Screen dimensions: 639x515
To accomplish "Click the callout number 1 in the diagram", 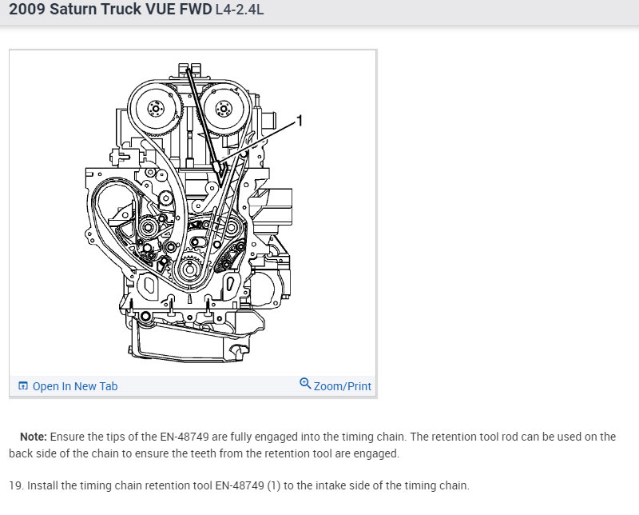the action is (x=300, y=121).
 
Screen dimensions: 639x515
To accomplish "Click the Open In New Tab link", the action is (x=75, y=386).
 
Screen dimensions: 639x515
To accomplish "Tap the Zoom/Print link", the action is (x=343, y=386).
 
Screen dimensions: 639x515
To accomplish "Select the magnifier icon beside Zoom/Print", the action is (x=305, y=384).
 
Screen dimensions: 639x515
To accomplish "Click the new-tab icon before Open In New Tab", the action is (x=23, y=385).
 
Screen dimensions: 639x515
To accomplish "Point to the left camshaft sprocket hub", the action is (x=155, y=109).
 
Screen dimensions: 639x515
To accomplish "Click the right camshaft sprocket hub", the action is (x=224, y=109).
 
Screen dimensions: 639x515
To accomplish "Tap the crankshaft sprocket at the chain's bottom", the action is (x=189, y=269).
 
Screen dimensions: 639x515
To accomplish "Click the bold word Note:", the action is (x=34, y=437).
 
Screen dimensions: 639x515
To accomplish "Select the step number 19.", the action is (x=16, y=485).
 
